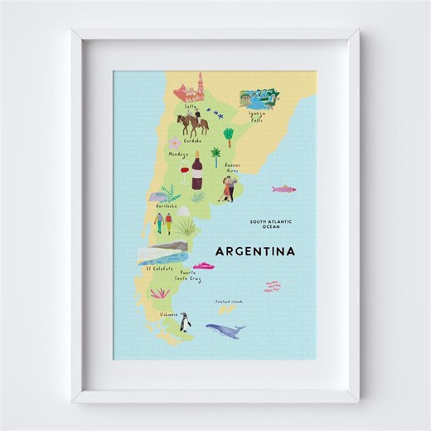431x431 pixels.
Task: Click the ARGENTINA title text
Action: (254, 250)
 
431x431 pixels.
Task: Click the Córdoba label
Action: (192, 141)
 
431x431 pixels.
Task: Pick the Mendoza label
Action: (178, 154)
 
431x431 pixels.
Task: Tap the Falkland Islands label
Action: (228, 302)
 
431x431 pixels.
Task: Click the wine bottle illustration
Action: (197, 173)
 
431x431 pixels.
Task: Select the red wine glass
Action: (183, 174)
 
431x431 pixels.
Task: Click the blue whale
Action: (225, 331)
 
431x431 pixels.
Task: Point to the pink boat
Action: (201, 266)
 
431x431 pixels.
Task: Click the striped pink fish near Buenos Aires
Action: (284, 189)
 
